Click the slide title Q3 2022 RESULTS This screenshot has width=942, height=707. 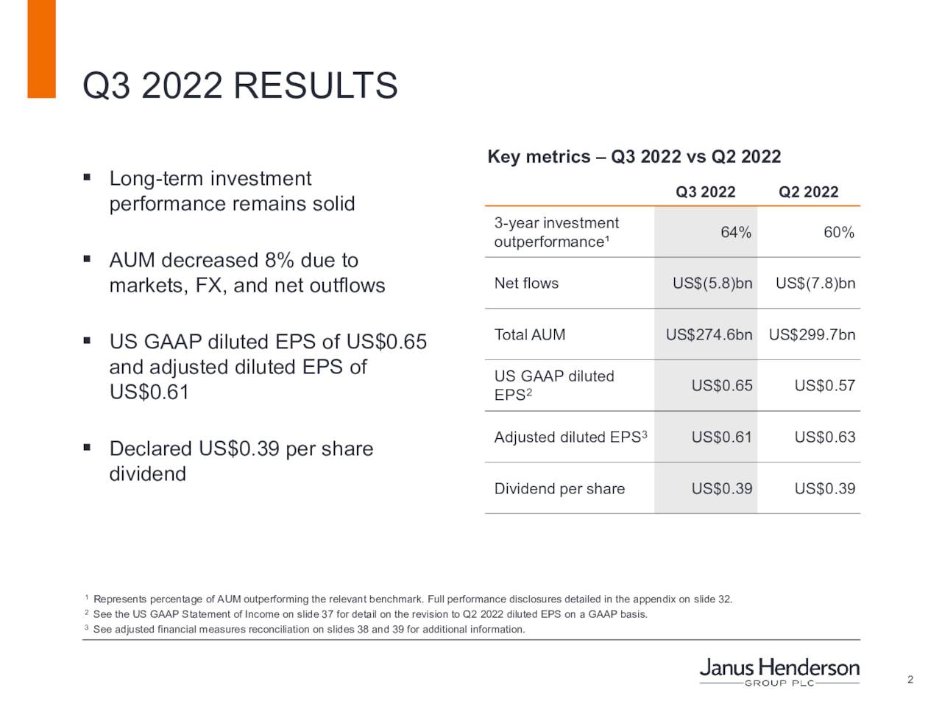240,85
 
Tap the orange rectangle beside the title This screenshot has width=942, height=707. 41,49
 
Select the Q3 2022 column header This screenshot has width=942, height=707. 705,192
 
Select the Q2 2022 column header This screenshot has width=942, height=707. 808,192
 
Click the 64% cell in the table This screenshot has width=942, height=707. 735,233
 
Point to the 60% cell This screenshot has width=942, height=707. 838,233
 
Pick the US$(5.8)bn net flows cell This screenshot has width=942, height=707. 712,284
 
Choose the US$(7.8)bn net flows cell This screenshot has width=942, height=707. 815,284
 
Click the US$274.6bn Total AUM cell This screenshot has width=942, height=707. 709,335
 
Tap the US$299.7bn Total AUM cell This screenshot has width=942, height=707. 812,335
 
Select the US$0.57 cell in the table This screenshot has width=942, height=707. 824,386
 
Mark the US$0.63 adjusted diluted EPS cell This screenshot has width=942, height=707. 824,437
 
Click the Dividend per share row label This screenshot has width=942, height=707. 559,489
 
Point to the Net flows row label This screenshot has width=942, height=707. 526,284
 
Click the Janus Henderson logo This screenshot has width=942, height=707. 779,671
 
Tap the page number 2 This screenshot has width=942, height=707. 910,679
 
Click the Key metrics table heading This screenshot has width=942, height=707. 634,157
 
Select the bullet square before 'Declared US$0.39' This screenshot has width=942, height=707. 87,447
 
